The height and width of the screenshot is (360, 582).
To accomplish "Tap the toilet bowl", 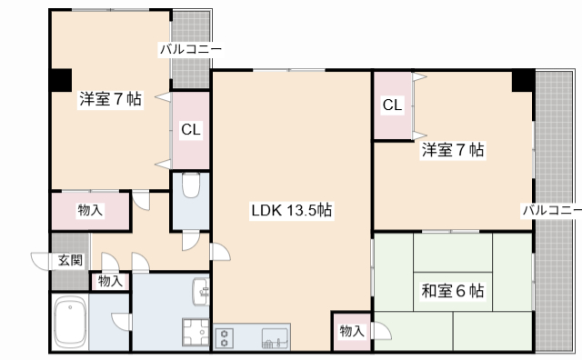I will [x=190, y=186].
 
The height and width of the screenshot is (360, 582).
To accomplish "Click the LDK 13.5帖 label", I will [x=291, y=211].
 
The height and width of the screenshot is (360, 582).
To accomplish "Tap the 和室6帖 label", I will [x=452, y=292].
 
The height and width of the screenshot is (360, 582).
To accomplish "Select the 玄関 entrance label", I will [x=71, y=260].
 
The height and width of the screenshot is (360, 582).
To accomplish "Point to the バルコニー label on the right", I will [x=551, y=211].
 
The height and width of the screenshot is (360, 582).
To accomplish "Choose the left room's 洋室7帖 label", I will [x=109, y=99].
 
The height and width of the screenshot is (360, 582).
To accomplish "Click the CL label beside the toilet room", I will [x=190, y=130].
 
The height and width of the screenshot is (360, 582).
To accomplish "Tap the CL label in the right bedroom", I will [x=392, y=105].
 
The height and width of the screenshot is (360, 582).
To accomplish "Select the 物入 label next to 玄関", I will [x=110, y=281].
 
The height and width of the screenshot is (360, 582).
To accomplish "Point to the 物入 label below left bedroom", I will [x=89, y=211].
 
